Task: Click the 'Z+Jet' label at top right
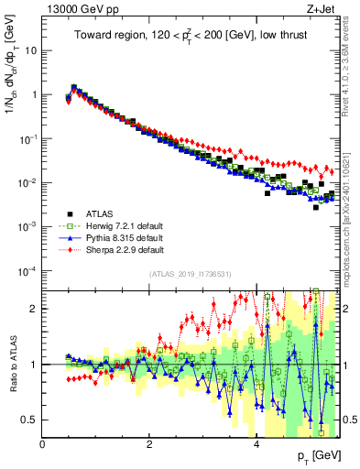click(321, 8)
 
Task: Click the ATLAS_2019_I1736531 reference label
click(191, 274)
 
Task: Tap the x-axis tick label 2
click(149, 444)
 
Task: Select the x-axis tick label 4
click(256, 444)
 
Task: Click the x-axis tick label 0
click(43, 444)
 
